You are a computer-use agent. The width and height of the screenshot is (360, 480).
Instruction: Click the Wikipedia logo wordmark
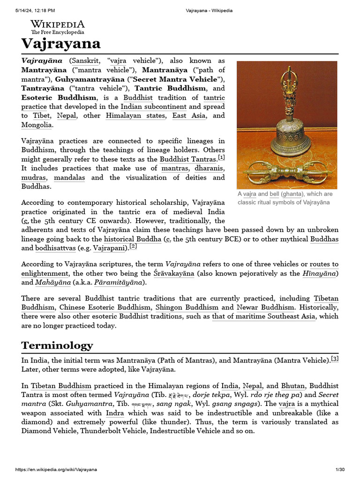[x=58, y=24]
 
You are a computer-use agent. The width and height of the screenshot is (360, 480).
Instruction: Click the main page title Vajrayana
[x=61, y=44]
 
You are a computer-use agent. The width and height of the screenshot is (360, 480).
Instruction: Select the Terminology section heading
[x=57, y=345]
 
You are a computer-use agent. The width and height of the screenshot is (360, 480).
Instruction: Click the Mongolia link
[x=37, y=125]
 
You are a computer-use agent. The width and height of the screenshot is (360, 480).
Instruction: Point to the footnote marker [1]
[x=222, y=158]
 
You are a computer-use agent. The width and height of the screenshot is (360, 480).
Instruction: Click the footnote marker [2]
[x=133, y=246]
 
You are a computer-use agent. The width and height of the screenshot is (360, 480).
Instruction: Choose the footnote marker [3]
[x=335, y=359]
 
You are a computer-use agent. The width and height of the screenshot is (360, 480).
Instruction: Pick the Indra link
[x=115, y=413]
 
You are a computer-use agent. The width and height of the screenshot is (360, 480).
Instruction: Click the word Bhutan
[x=293, y=386]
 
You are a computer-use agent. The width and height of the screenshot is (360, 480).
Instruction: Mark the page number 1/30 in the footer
[x=340, y=469]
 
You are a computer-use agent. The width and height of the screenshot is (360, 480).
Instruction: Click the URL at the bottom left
[x=56, y=469]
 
